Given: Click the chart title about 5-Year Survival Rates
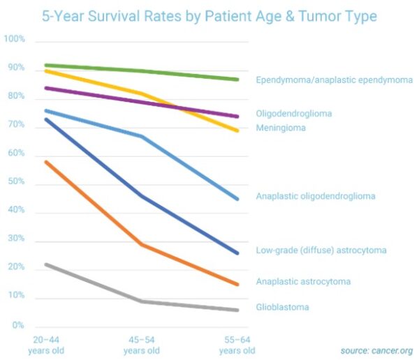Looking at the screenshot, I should coord(209,15).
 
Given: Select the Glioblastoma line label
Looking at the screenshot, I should coord(282,307).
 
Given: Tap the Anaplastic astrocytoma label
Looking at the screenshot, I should coord(303,282).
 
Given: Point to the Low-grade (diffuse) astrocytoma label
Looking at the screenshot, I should coord(321,250).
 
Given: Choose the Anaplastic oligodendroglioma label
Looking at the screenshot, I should coord(316,196).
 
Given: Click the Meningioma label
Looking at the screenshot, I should coord(281,128).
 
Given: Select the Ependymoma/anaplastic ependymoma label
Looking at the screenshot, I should coord(335,80).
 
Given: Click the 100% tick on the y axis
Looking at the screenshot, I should coord(15,40).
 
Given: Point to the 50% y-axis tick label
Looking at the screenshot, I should coord(16,182).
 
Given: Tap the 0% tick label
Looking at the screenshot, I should coord(17,325).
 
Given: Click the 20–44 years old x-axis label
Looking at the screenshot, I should coord(45,344).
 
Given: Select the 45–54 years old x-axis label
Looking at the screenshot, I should coord(142,344).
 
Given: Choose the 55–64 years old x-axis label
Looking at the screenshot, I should coord(237,344).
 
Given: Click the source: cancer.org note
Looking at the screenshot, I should coord(377,350).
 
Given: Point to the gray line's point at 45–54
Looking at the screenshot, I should coord(142,301).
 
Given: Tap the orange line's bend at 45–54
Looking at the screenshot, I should coord(142,244).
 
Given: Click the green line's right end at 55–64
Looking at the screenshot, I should coord(237,80).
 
